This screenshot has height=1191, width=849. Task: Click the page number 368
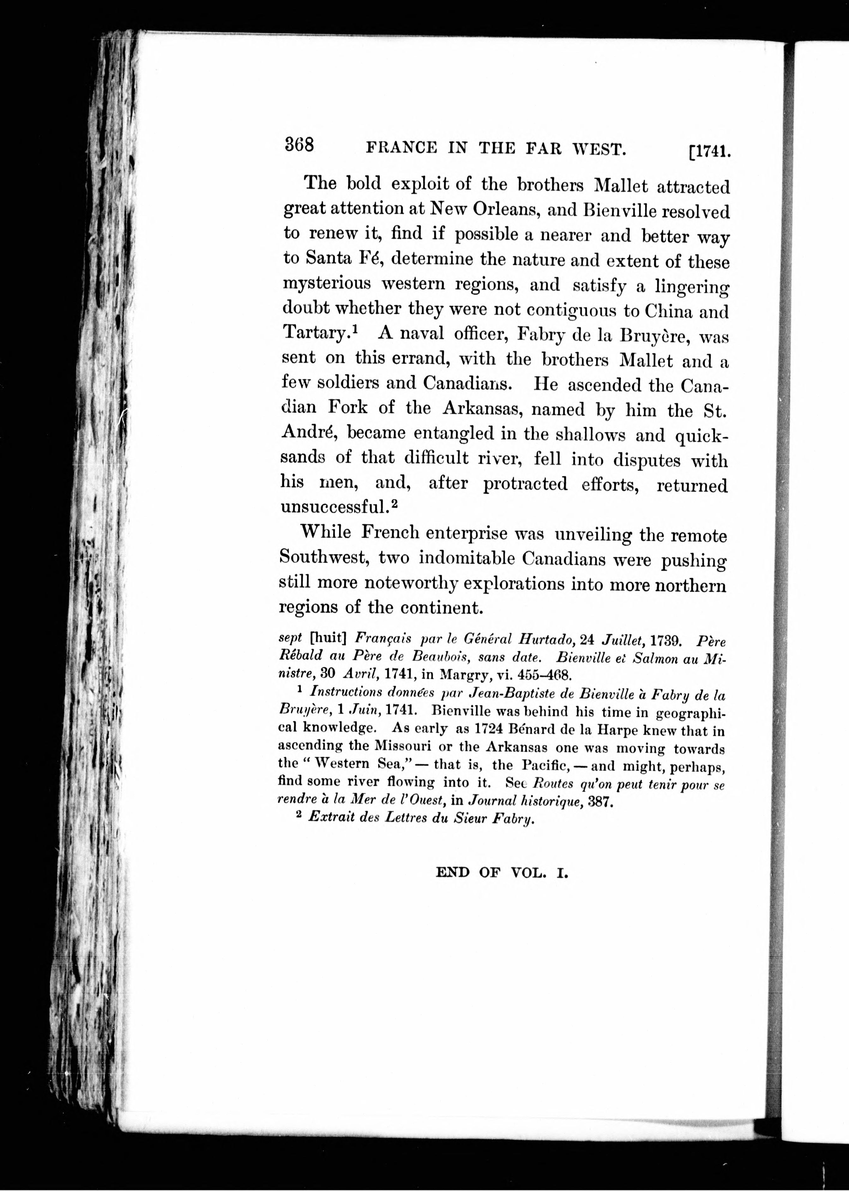pos(299,144)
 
